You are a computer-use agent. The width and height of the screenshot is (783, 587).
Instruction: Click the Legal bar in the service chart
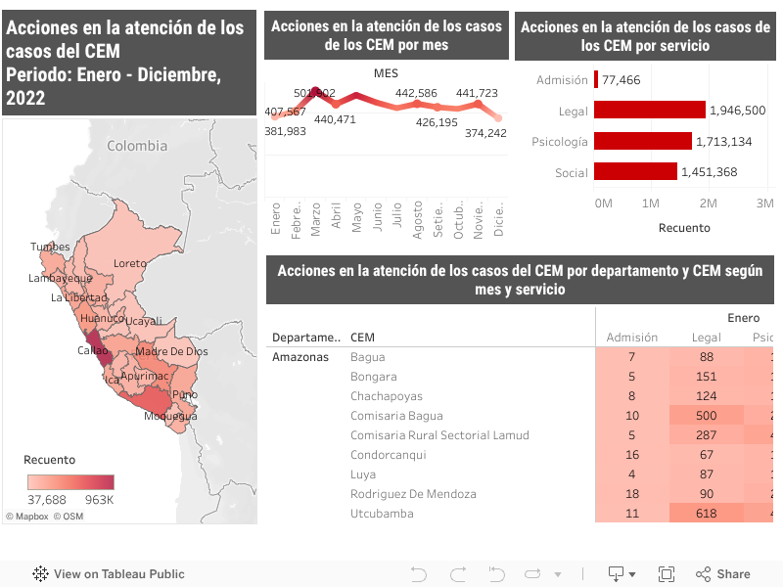coord(649,111)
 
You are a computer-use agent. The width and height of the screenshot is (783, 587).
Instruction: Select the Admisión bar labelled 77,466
coord(596,79)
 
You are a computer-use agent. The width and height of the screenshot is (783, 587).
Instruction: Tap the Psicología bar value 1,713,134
coord(723,142)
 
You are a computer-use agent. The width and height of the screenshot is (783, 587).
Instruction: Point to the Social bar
coord(635,172)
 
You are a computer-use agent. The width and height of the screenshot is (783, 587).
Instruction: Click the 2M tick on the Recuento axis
coord(708,203)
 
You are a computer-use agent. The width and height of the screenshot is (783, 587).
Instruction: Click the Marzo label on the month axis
coord(316,220)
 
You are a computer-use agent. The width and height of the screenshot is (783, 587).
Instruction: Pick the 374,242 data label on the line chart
coord(485,133)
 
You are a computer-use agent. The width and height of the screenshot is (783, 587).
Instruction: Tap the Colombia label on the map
coord(137,146)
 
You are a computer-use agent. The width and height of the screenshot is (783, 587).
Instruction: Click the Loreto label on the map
coord(130,263)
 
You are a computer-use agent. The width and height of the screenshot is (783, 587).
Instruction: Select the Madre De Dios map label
coord(171,351)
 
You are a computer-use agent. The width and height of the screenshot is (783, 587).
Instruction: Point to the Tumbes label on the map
coord(50,247)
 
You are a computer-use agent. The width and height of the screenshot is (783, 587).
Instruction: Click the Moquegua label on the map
coord(170,416)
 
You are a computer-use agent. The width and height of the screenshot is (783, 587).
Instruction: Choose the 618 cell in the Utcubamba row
coord(706,514)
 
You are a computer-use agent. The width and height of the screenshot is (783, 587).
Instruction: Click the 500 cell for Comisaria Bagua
coord(706,416)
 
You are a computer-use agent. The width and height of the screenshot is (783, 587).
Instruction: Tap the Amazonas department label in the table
coord(300,357)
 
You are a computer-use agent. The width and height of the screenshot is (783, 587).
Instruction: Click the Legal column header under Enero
coord(706,338)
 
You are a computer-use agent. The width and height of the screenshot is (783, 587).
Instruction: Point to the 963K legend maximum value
coord(99,500)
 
